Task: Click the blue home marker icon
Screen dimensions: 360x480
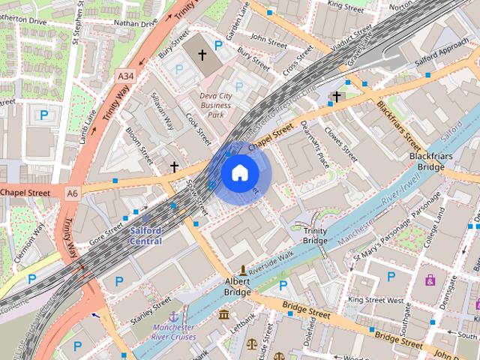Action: (239, 173)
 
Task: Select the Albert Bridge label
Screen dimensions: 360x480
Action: (238, 287)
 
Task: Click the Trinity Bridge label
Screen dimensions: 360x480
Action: (315, 235)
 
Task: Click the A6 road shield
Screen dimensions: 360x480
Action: (72, 193)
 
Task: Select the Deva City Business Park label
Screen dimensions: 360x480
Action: (216, 106)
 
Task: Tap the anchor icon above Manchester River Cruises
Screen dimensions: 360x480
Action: (174, 316)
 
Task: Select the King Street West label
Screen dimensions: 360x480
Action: (376, 300)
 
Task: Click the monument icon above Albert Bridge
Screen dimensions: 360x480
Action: (242, 270)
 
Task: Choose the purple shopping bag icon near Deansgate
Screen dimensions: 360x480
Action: (430, 280)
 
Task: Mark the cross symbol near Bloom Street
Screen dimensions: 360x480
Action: (175, 166)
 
